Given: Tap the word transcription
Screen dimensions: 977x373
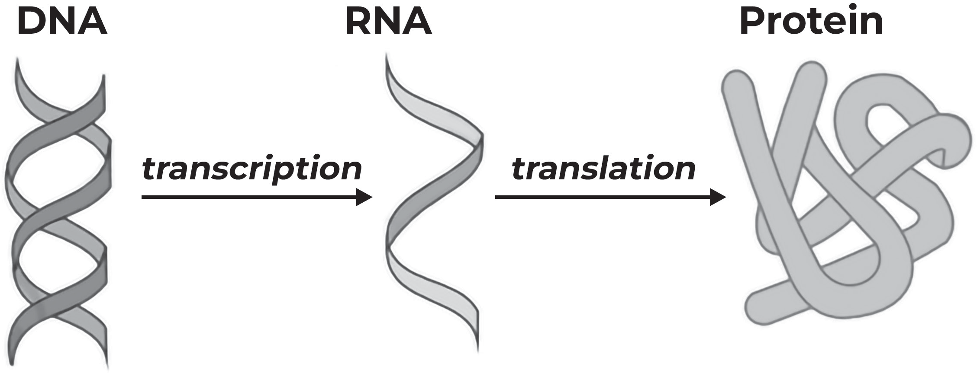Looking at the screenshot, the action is [x=252, y=169].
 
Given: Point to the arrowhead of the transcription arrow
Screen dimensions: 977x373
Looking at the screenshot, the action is [x=364, y=197].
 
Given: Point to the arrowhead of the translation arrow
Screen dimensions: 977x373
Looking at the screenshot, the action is [x=718, y=197].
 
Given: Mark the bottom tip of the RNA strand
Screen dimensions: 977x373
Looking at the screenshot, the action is [x=478, y=350].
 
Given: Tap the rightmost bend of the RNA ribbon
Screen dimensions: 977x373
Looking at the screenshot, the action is [x=481, y=143].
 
